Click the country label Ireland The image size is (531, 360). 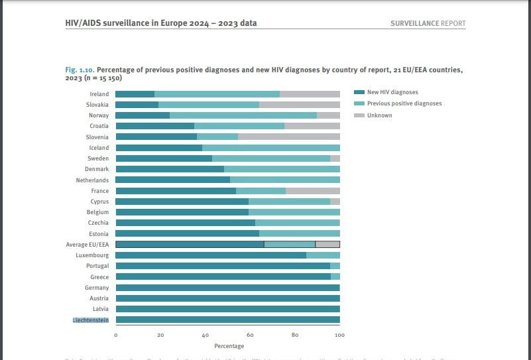[x=99, y=94]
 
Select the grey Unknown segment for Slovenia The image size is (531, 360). [x=289, y=137]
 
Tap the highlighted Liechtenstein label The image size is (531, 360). [x=91, y=320]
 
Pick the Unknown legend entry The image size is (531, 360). [x=379, y=115]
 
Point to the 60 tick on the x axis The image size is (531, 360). [x=250, y=335]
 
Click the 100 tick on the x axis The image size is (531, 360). [x=339, y=335]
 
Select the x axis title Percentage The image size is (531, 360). [x=229, y=346]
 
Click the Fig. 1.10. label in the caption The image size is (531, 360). [x=80, y=70]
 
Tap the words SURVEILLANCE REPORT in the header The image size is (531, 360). [x=428, y=23]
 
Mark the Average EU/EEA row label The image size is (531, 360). [x=88, y=245]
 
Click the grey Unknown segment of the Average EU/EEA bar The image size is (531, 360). [x=327, y=245]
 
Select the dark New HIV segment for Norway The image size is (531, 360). [x=143, y=115]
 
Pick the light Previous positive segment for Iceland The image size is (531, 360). [x=270, y=148]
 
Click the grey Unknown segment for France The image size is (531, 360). [x=312, y=191]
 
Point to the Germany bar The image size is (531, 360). [x=227, y=288]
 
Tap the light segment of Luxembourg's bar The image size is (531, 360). [x=323, y=255]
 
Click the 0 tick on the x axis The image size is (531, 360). [x=115, y=335]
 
